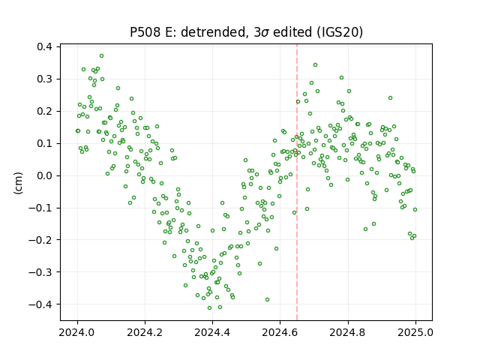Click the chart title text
pos(247,32)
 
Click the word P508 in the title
pos(145,32)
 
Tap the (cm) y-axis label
pos(18,183)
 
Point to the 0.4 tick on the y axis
pos(44,46)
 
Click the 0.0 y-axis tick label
pos(44,175)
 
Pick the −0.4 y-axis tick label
pos(40,304)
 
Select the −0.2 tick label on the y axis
pos(40,240)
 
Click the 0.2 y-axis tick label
pos(44,112)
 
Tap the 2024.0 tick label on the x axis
pos(77,332)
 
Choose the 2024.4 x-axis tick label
pos(212,332)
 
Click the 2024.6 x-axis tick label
pos(280,332)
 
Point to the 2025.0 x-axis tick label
pos(415,332)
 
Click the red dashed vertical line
pos(297,182)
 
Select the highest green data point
pos(102,56)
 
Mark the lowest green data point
pos(210,308)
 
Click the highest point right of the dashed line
pos(315,65)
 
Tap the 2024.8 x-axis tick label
pos(348,332)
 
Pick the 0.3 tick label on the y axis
pos(44,79)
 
